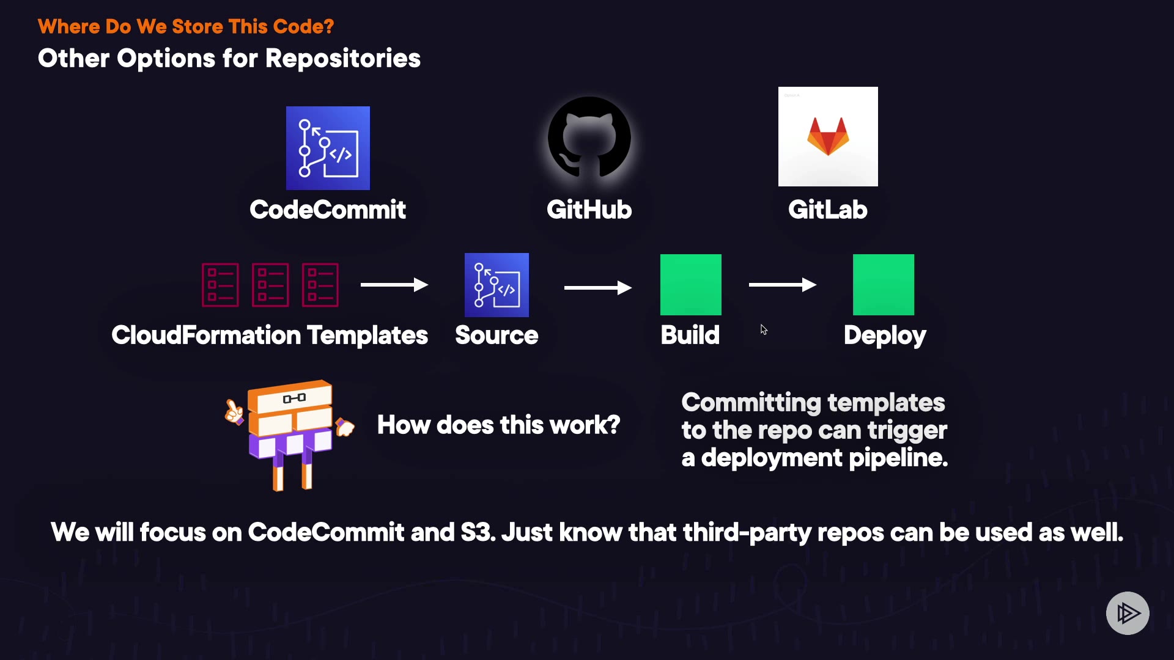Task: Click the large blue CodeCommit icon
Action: pos(328,148)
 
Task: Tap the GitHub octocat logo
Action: pos(589,138)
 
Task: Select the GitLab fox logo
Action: pos(828,136)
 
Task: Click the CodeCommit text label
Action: pos(328,210)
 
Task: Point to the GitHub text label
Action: pos(589,210)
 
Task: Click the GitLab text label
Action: pos(827,210)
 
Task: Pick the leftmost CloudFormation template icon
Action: pos(220,285)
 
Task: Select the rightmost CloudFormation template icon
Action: pos(320,285)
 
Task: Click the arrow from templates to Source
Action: pos(394,285)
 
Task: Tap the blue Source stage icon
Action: pos(497,285)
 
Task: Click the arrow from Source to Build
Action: pos(597,287)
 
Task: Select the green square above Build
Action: pos(691,285)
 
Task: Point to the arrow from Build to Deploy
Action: pos(782,285)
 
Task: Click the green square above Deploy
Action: pos(884,285)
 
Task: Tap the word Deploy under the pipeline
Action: pos(885,335)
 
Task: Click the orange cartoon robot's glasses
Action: pos(294,398)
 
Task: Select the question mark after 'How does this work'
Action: pos(613,425)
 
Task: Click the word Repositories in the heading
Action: pos(343,59)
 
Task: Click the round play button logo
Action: pos(1128,613)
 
